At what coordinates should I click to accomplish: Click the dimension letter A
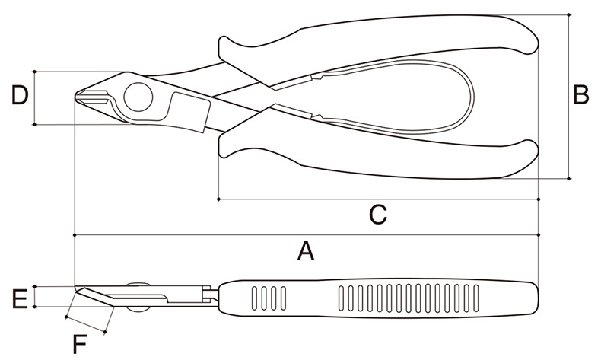coord(305,250)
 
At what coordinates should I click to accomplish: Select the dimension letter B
coord(581,96)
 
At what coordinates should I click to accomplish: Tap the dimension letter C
coord(377,215)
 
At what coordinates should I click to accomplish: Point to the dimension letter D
coord(20,97)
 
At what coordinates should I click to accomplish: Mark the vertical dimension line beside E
coord(36,298)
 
